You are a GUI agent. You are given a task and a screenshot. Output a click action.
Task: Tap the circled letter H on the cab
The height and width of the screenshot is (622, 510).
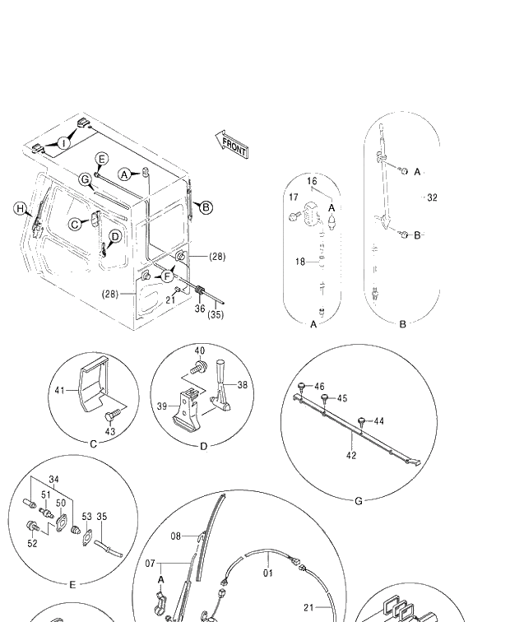click(20, 209)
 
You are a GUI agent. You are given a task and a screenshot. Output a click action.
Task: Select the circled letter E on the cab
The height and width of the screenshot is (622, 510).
click(101, 159)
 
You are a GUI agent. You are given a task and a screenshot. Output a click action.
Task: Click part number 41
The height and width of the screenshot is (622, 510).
click(59, 391)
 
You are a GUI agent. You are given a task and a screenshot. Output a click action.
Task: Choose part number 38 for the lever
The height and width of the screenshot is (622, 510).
click(242, 384)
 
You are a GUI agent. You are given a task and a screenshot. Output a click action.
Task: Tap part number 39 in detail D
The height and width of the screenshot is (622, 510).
click(162, 406)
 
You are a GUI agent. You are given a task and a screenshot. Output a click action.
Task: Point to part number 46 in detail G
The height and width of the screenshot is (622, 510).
click(319, 386)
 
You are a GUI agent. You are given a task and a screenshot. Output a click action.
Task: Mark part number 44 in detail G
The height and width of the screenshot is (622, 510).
click(378, 420)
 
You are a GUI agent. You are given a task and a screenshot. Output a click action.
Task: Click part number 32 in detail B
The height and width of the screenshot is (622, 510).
click(432, 197)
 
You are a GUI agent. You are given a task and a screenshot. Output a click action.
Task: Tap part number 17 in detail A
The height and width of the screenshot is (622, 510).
click(293, 197)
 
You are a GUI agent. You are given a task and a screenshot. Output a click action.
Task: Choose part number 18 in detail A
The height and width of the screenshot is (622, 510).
click(300, 262)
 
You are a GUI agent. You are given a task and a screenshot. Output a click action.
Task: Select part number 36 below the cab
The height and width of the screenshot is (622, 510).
click(200, 309)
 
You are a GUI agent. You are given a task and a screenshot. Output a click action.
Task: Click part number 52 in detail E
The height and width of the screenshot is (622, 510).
click(33, 543)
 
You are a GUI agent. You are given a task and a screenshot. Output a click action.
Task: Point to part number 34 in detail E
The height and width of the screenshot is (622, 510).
click(53, 479)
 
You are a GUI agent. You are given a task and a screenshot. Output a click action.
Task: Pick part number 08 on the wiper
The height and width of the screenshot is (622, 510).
click(176, 536)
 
